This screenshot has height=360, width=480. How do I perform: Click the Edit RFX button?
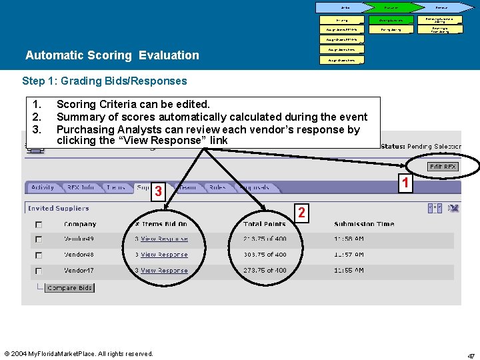[x=443, y=166]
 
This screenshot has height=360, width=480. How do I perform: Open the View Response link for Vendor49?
[x=164, y=239]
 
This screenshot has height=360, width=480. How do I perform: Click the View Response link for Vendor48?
[x=164, y=255]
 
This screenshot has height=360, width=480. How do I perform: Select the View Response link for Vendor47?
[x=164, y=271]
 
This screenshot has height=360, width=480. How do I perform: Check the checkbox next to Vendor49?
[x=39, y=239]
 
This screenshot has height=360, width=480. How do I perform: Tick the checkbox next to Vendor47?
[x=39, y=271]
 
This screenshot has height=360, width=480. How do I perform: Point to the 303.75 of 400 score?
[x=265, y=255]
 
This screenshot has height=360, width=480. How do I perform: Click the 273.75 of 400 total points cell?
[x=265, y=271]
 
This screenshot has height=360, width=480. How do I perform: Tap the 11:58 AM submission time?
[x=349, y=239]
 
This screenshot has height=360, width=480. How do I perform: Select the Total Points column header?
[x=265, y=224]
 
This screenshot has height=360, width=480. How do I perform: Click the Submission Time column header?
[x=363, y=224]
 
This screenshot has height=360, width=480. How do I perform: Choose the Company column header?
[x=80, y=224]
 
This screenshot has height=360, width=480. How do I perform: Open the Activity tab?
[x=43, y=188]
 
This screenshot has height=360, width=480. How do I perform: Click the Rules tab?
[x=217, y=188]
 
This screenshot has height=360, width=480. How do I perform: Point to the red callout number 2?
[x=301, y=213]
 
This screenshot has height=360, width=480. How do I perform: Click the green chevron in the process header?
[x=391, y=7]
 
